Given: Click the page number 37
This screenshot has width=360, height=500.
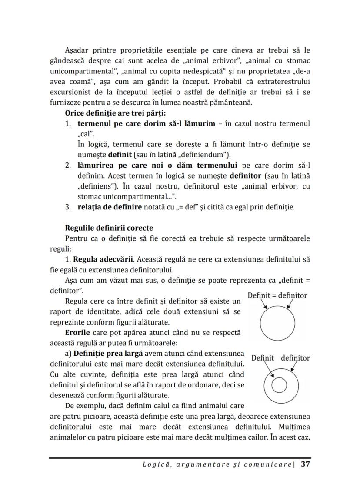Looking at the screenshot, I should (305, 464).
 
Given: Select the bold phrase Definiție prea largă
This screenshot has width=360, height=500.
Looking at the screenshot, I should (108, 353).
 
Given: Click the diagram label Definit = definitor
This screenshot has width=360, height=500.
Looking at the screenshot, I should (277, 295).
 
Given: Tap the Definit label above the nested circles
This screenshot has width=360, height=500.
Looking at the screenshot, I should (263, 358).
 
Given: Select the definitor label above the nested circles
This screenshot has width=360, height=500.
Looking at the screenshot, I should (295, 358).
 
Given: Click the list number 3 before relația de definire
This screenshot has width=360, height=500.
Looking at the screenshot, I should (68, 207).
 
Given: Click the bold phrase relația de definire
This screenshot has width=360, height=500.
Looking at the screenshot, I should (110, 207).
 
